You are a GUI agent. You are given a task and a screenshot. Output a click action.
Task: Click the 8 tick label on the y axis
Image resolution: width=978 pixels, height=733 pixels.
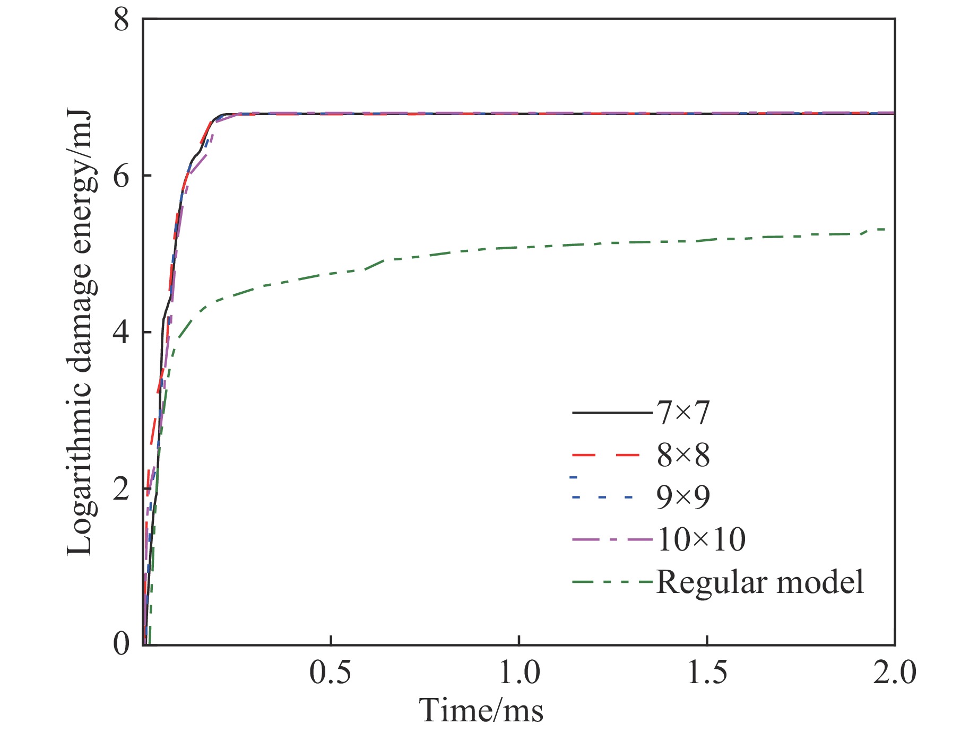coord(122,22)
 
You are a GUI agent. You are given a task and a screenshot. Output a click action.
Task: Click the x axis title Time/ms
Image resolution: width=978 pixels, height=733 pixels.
coord(482,710)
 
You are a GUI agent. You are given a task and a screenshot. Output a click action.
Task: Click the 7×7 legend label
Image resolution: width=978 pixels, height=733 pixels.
coord(683,413)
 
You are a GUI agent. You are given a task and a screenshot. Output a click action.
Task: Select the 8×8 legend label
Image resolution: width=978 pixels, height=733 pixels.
coord(683,455)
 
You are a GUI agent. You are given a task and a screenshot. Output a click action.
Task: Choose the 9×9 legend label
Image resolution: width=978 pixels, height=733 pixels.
coord(683,497)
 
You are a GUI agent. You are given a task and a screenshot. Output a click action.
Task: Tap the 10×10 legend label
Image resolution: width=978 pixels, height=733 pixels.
coord(701,539)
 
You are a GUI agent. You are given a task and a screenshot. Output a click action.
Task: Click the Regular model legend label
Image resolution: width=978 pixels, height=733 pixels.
coord(760,582)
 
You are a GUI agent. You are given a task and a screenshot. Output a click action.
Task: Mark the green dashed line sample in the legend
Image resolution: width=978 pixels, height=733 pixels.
coord(612,582)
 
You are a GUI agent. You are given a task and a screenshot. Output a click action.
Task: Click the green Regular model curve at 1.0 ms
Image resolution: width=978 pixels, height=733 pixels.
coord(518,248)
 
